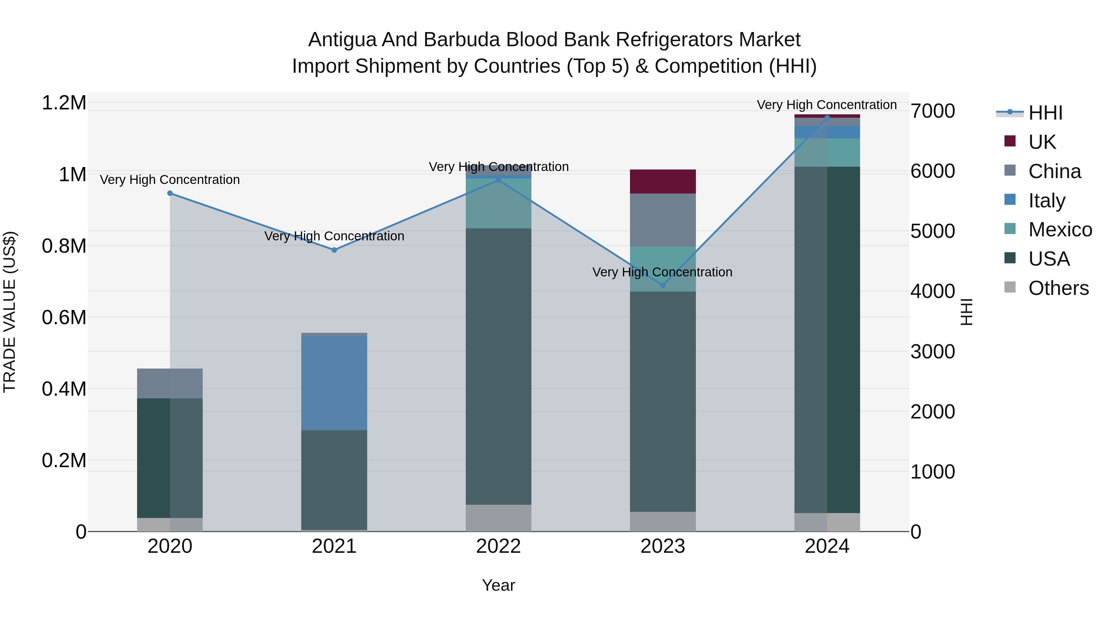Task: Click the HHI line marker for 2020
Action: (170, 193)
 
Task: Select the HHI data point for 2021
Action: (334, 250)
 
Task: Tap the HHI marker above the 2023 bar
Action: (663, 285)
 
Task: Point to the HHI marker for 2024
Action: (827, 118)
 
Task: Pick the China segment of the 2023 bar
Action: (663, 220)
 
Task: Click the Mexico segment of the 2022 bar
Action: (498, 203)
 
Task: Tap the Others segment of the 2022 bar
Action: (498, 518)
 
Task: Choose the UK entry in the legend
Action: (1042, 142)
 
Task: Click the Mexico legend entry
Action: (1060, 230)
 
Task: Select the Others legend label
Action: (1058, 288)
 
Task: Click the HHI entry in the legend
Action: (1045, 113)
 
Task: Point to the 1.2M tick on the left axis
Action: (64, 103)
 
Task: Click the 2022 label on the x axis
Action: (498, 546)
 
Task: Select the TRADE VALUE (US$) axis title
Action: (10, 312)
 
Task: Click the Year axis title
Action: (498, 585)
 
